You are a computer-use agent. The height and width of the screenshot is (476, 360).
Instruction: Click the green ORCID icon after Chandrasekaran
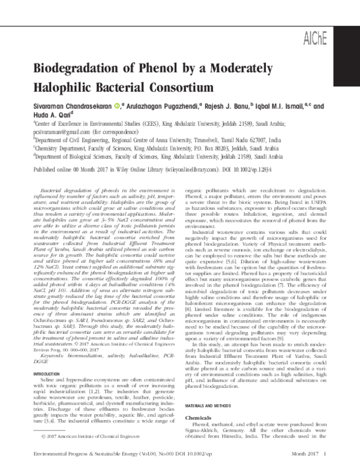coord(117,107)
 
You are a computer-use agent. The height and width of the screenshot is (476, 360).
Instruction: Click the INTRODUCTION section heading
coord(48,358)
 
